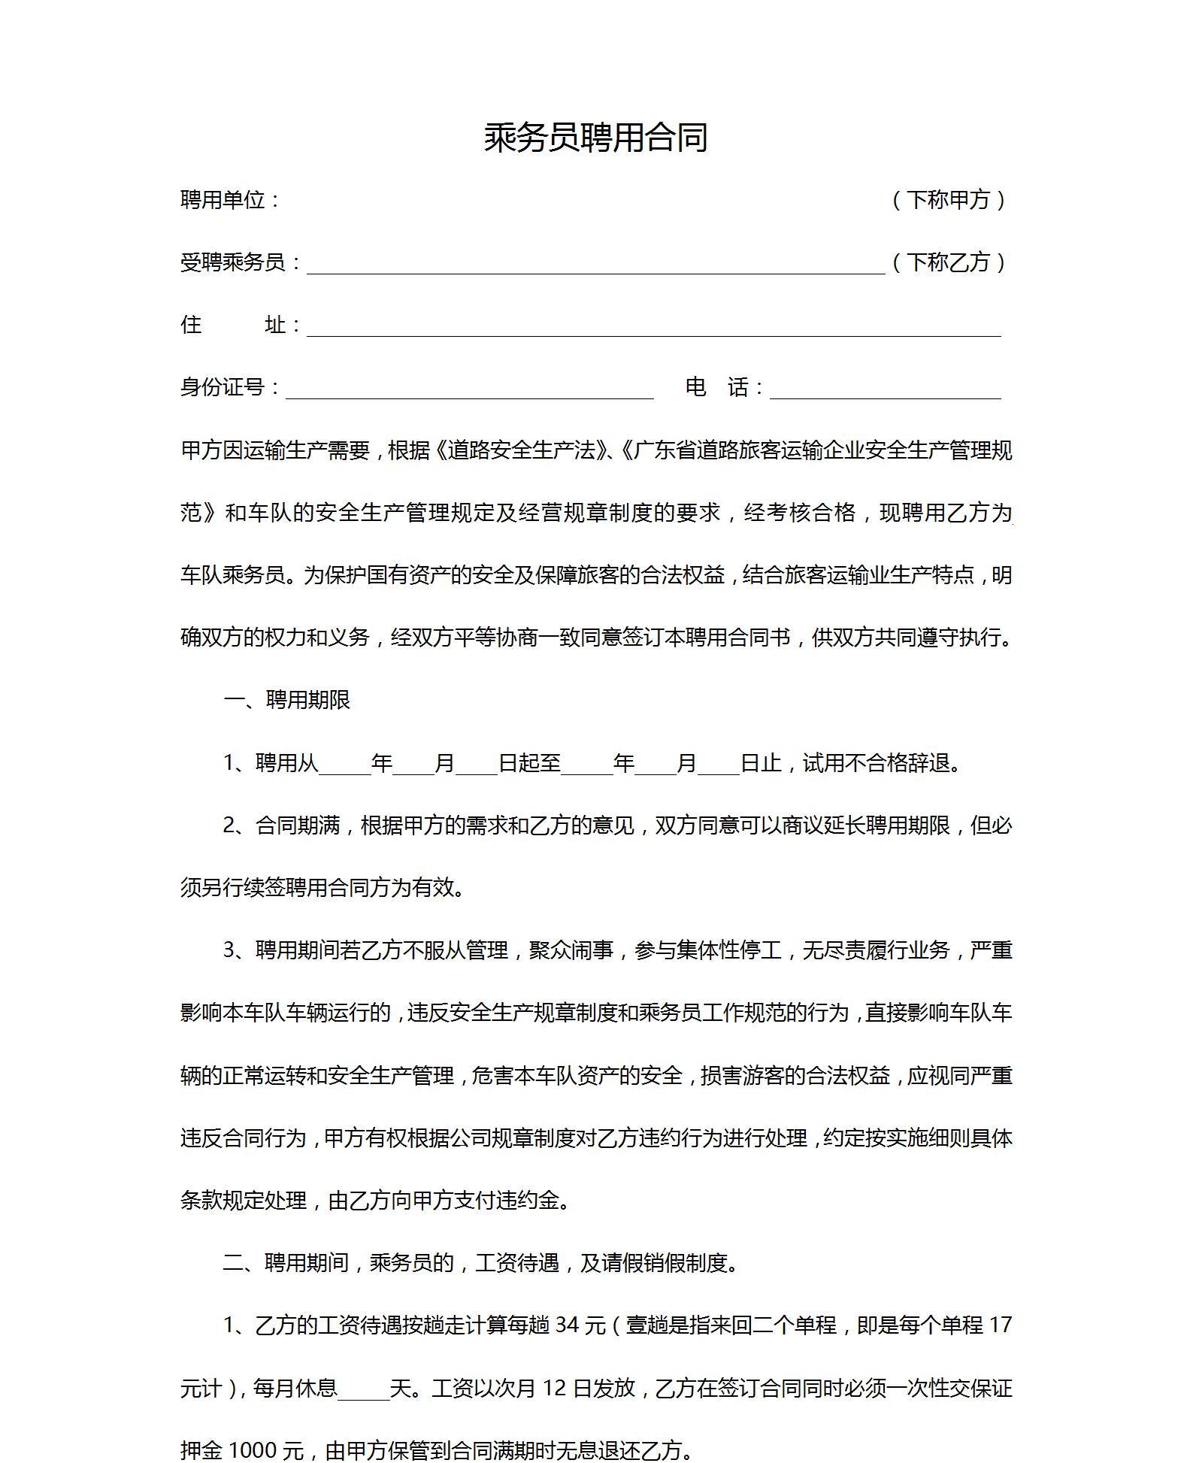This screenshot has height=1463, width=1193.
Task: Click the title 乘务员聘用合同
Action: [595, 138]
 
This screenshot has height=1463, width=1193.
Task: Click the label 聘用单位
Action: [224, 200]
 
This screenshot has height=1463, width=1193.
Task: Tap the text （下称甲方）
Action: [949, 200]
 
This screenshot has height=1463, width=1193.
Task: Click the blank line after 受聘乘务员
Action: [595, 265]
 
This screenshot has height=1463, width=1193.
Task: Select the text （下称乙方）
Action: [949, 262]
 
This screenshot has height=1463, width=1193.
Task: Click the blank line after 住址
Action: [653, 327]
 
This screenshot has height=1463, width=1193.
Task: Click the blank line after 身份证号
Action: [469, 389]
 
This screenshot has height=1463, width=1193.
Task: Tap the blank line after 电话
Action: [885, 389]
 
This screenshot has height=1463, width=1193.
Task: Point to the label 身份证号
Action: [224, 387]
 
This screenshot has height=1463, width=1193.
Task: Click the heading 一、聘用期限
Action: [287, 700]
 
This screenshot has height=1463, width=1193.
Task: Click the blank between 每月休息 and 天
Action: [363, 1389]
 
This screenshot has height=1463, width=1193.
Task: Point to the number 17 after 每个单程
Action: [1001, 1325]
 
